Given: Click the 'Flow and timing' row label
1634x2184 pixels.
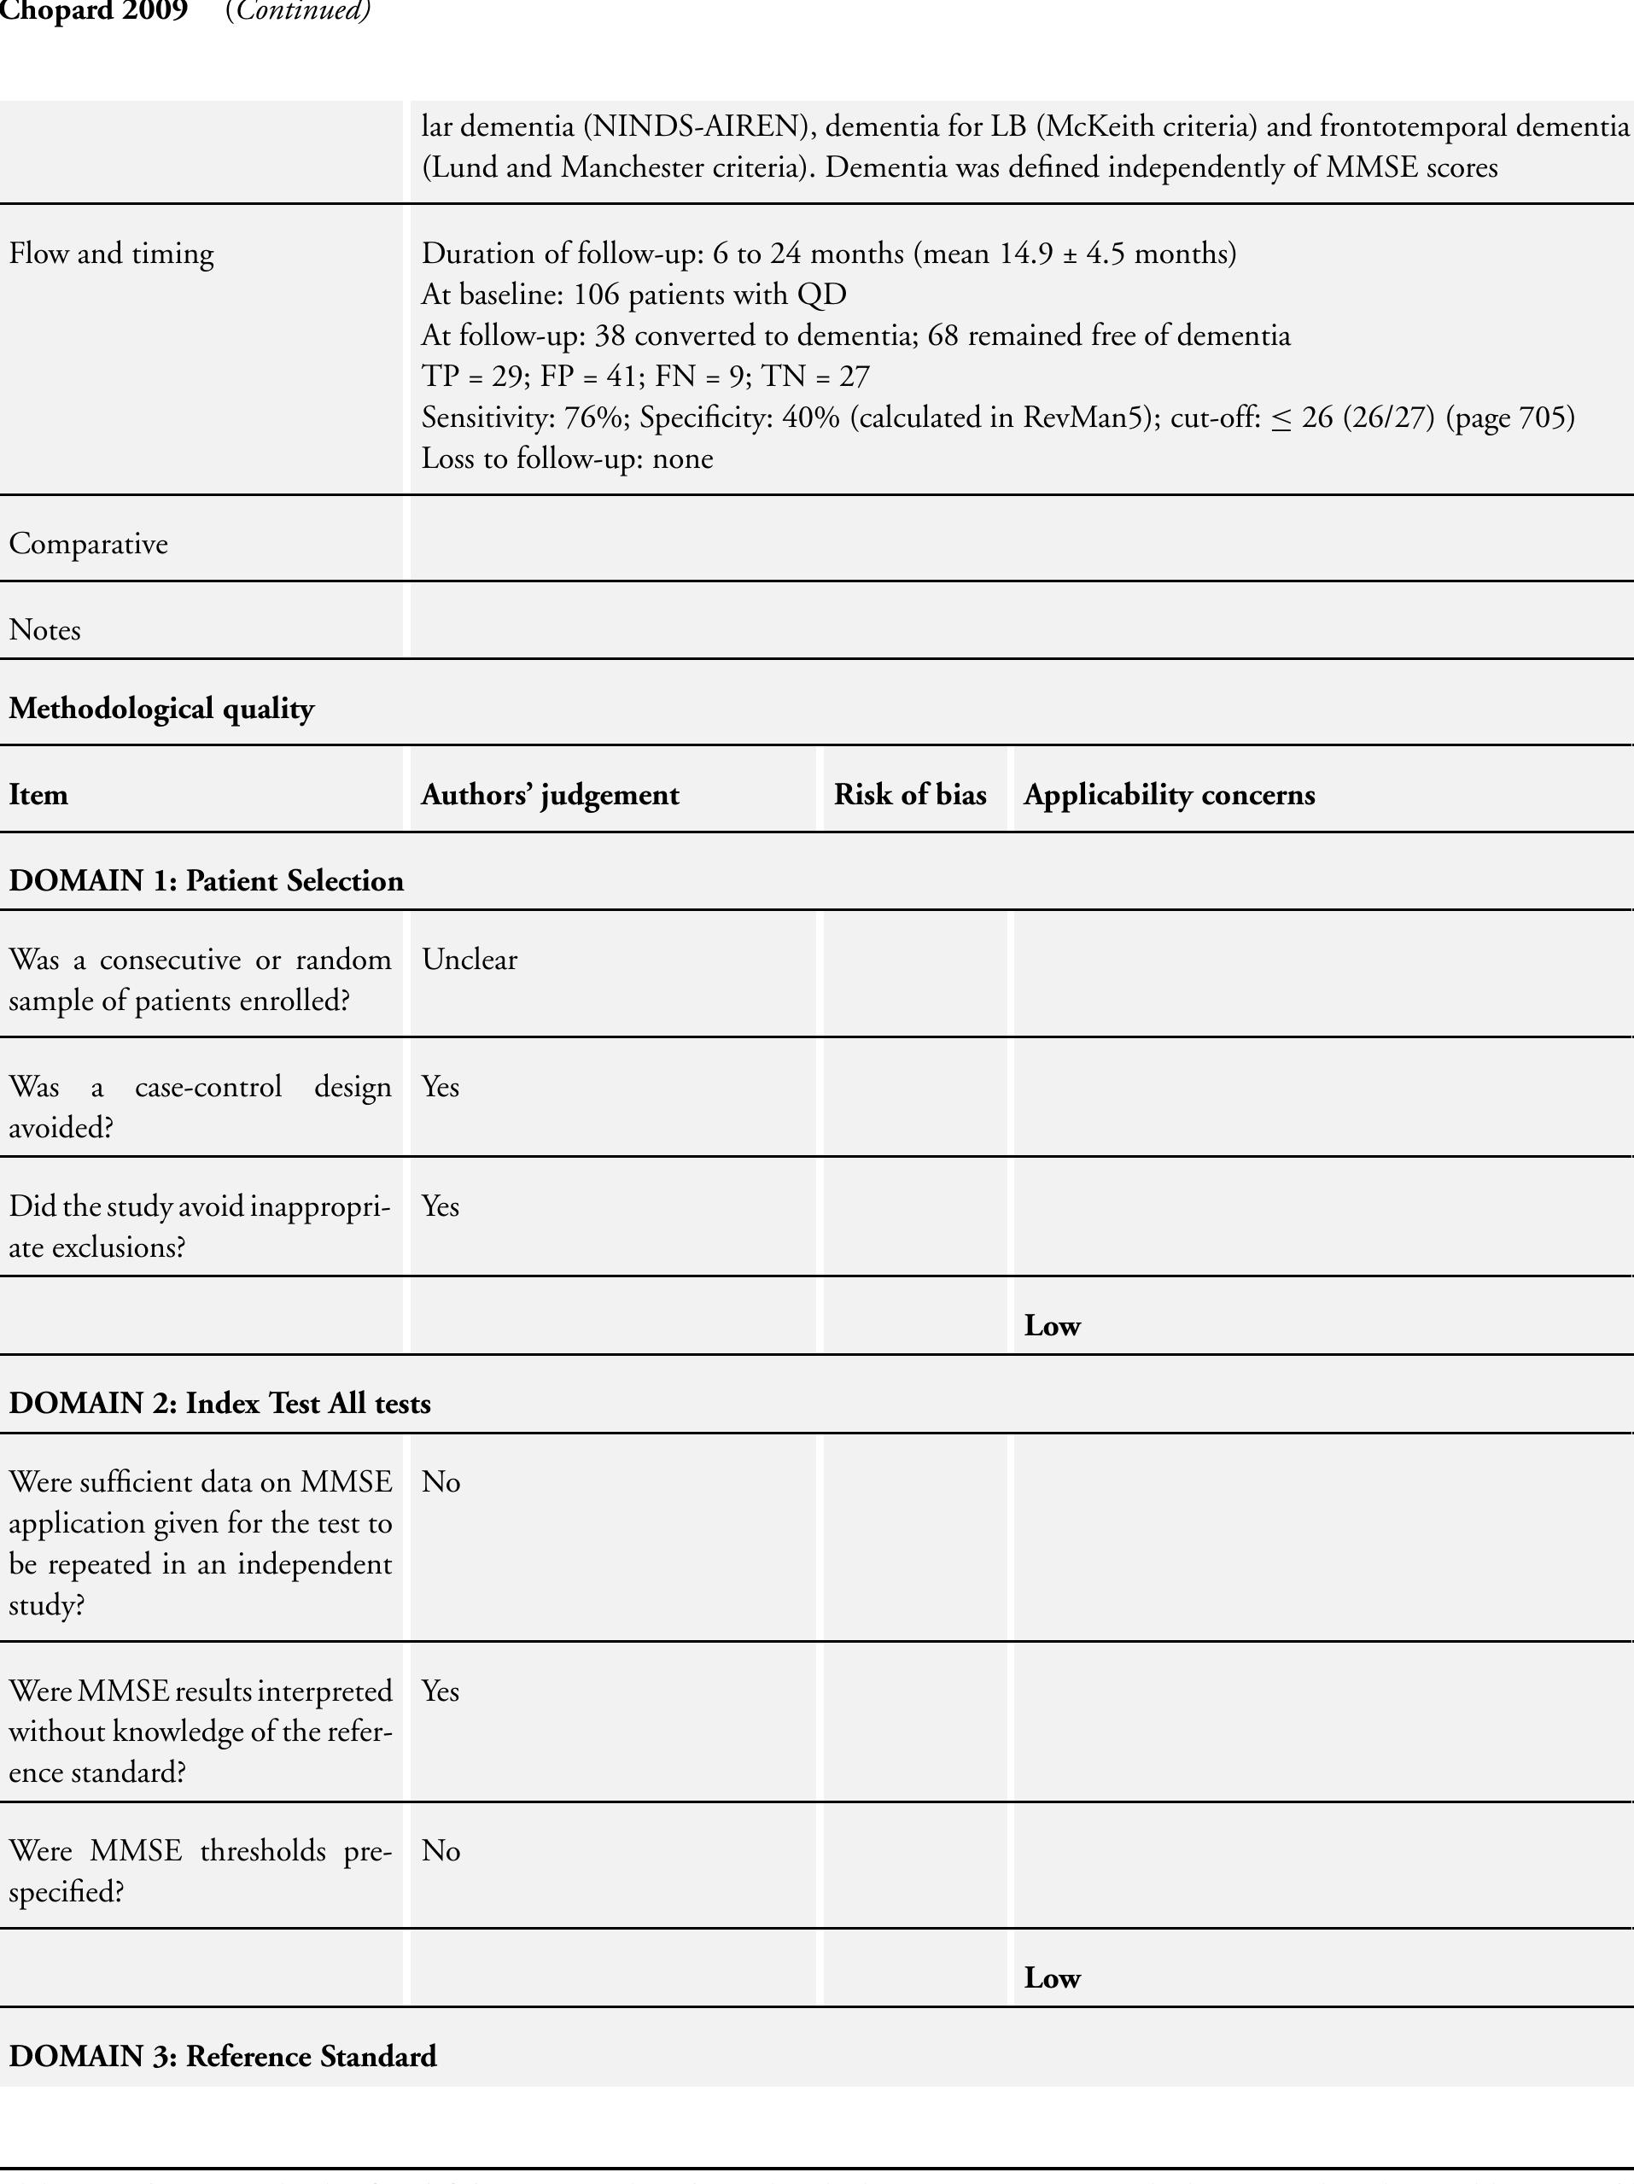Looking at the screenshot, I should coord(111,254).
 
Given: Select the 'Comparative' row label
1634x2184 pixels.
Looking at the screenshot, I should coord(88,544).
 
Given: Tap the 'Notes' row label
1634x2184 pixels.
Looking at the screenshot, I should coord(44,630).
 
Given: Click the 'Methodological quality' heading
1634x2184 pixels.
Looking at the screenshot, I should coord(161,709).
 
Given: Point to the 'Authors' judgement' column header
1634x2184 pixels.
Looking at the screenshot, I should coord(550,795).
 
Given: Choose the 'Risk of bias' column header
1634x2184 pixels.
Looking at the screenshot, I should coord(909,795).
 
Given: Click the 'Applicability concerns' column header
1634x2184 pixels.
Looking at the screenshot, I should coord(1169,795).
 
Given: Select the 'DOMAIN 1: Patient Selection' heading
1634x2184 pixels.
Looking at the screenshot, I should coord(207,881).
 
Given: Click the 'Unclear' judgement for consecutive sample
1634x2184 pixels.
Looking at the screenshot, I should coord(469,960).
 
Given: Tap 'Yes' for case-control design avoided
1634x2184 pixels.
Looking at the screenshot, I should coord(441,1086).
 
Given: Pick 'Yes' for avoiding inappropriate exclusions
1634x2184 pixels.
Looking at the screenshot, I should coord(441,1206).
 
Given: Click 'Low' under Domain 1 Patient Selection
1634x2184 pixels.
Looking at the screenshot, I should coord(1052,1326).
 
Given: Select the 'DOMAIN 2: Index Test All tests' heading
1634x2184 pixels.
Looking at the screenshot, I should coord(219,1403).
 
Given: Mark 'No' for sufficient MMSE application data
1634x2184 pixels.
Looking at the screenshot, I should coord(441,1482).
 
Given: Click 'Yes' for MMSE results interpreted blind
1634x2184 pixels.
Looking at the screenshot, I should coord(441,1691).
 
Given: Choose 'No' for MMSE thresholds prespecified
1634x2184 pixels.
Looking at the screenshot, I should coord(441,1850).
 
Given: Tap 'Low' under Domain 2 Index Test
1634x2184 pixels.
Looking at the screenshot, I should coord(1052,1977).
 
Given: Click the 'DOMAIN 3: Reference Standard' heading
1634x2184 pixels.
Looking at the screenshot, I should coord(222,2057).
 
